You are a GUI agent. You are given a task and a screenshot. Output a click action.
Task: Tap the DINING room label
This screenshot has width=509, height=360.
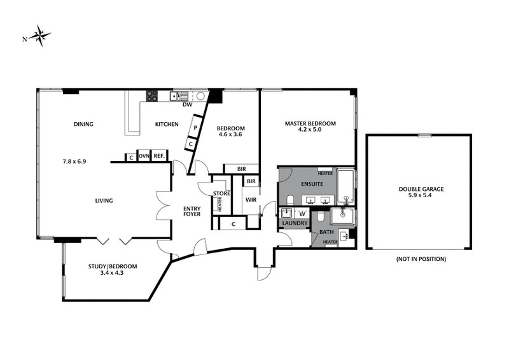click(83, 124)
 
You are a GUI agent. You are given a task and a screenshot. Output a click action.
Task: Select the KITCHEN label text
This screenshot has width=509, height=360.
click(167, 124)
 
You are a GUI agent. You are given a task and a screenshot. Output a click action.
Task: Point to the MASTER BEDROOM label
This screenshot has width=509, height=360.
click(310, 123)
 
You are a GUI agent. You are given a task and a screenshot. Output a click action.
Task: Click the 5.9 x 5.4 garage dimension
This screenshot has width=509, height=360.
click(421, 196)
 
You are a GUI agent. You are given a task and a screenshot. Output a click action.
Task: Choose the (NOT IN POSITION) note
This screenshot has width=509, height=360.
click(421, 259)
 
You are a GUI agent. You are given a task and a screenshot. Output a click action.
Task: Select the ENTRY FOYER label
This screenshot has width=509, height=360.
click(192, 211)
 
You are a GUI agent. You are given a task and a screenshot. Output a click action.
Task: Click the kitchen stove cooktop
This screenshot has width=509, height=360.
click(152, 96)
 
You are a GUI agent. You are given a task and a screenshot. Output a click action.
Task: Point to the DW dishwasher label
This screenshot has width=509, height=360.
click(187, 105)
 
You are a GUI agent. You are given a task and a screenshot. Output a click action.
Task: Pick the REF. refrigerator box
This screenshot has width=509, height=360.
click(159, 156)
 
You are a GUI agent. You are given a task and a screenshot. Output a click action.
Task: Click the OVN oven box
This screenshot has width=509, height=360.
click(144, 156)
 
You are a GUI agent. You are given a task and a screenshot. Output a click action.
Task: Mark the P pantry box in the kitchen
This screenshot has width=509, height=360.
click(195, 128)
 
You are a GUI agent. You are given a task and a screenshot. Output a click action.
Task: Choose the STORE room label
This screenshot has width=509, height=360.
click(221, 193)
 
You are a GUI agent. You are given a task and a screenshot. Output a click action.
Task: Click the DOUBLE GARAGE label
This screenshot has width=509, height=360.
click(421, 189)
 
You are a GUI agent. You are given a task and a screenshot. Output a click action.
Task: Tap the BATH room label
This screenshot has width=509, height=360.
click(326, 232)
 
